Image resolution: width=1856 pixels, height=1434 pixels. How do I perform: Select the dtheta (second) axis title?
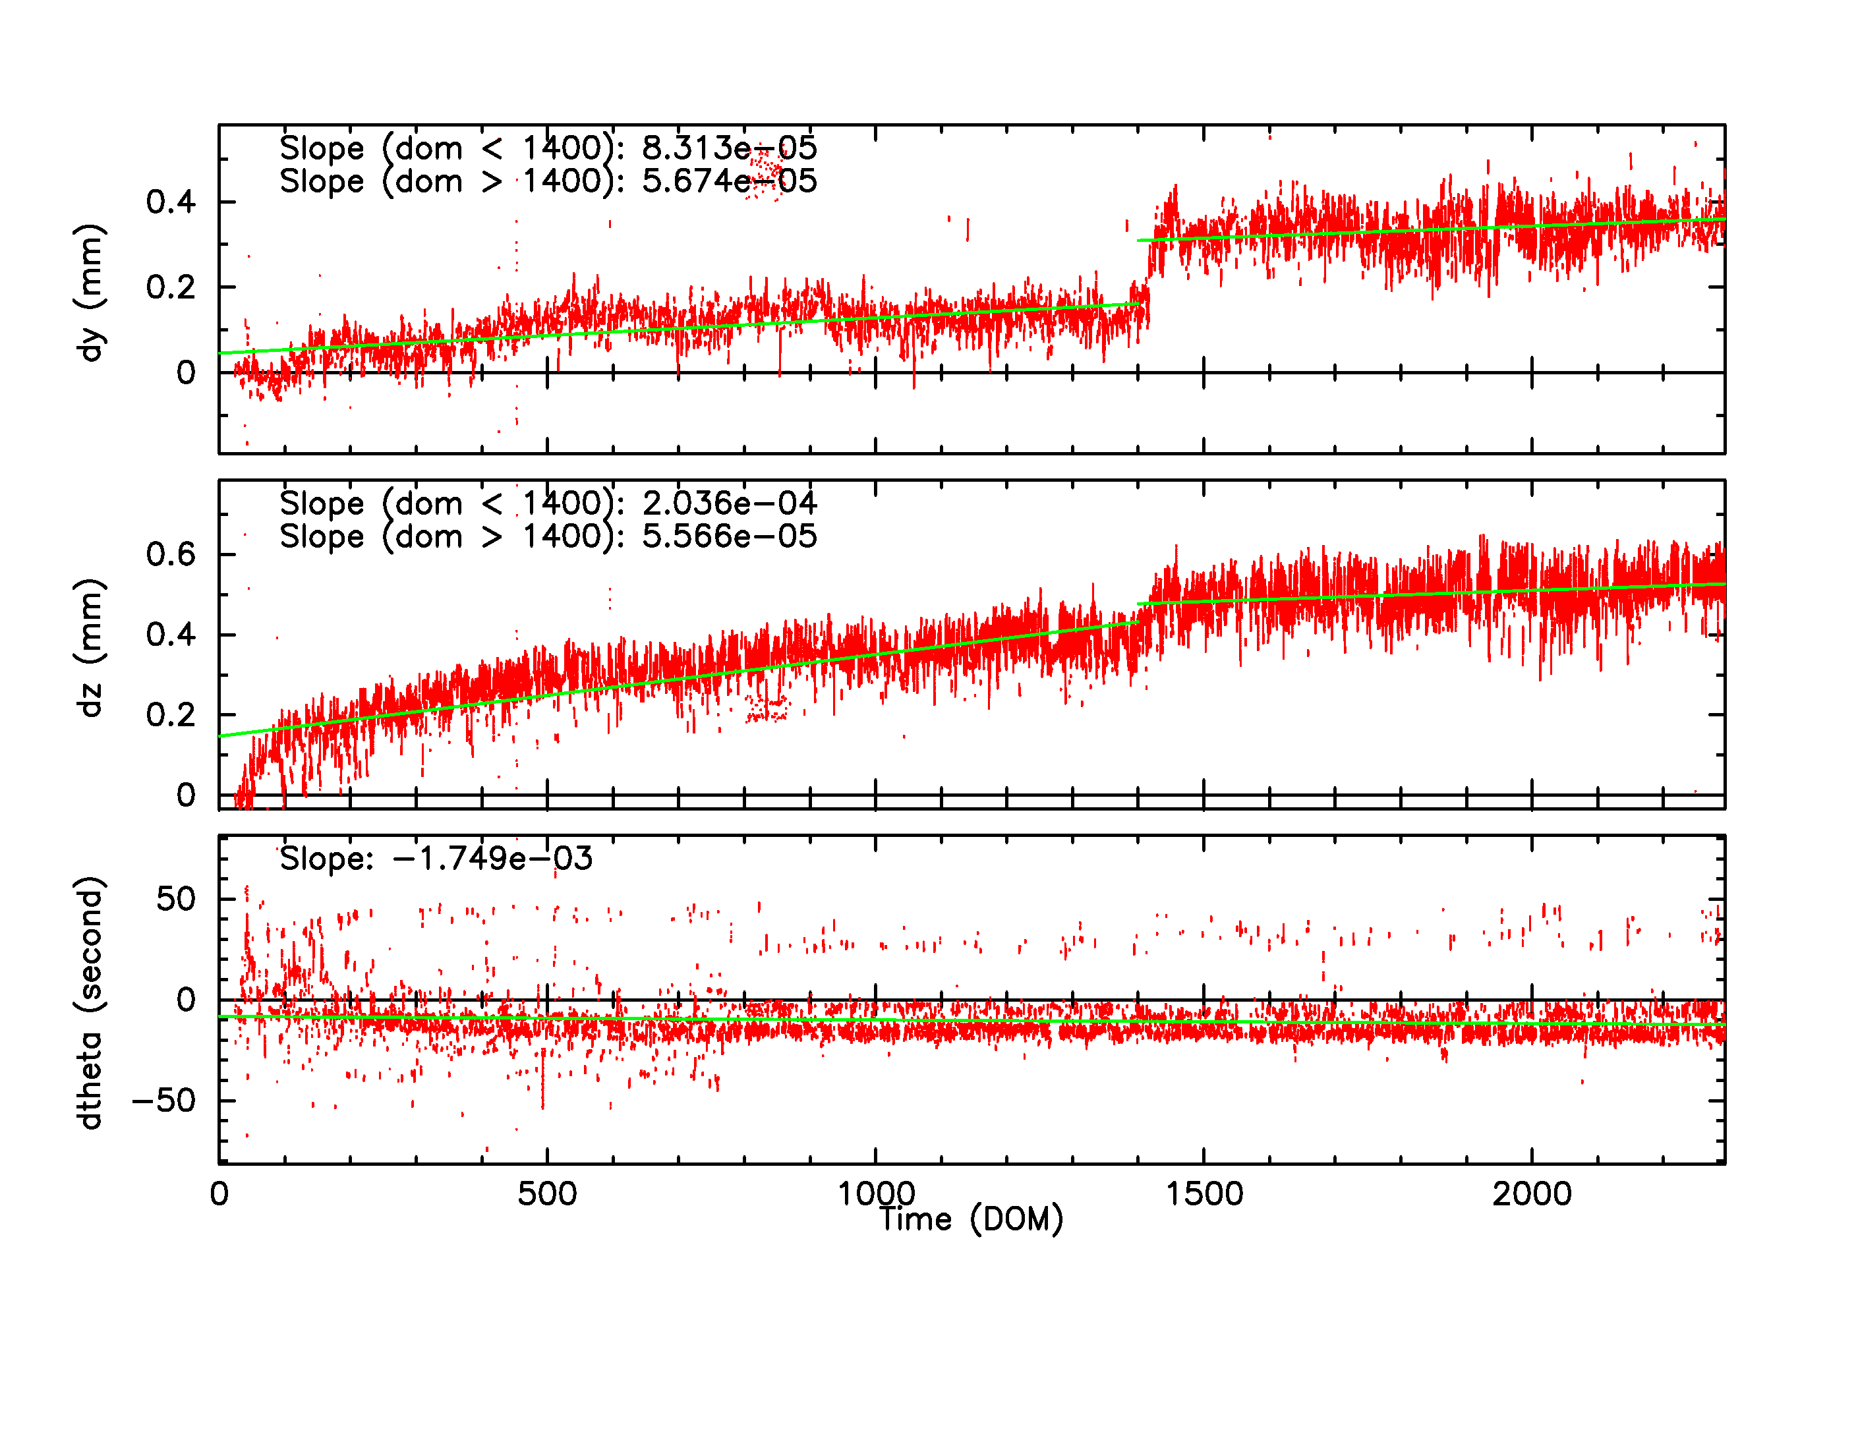[89, 1002]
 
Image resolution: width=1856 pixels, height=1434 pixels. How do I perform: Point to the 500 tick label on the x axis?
[546, 1194]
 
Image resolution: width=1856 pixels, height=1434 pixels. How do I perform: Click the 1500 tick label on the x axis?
[1203, 1194]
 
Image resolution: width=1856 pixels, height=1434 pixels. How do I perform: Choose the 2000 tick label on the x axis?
[1531, 1194]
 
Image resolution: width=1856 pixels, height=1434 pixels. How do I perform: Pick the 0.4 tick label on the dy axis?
[171, 202]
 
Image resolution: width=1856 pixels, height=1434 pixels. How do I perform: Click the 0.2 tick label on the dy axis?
[171, 288]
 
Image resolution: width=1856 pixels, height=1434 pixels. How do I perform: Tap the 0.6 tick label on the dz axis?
[171, 555]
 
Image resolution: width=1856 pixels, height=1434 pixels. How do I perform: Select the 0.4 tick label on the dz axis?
[171, 635]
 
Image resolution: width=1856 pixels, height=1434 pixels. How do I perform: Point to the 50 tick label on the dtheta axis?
[176, 899]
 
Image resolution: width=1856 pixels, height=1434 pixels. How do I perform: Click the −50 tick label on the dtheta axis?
[164, 1101]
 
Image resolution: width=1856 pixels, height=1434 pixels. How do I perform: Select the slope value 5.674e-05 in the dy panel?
[729, 181]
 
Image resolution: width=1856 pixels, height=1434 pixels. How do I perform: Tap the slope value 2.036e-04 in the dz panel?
[729, 503]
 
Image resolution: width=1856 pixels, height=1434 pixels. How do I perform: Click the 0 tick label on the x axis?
[219, 1194]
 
